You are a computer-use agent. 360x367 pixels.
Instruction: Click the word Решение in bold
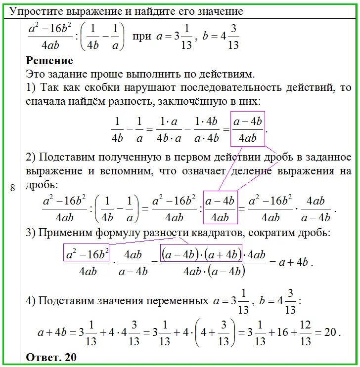click(49, 61)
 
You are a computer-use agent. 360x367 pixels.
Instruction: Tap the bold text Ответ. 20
click(51, 357)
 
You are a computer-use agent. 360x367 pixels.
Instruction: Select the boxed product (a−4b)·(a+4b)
click(201, 255)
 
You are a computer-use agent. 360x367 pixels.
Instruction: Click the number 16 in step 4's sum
click(280, 332)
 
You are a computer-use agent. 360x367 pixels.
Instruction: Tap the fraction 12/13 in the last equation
click(305, 332)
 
